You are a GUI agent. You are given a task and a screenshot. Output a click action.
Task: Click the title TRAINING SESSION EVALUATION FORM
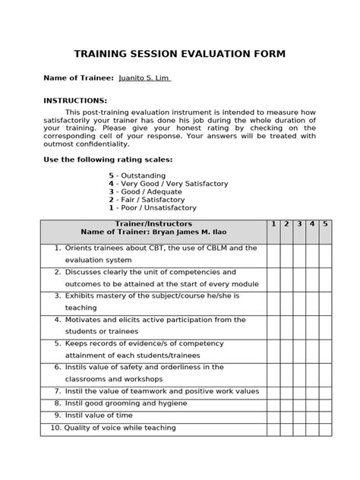(x=180, y=54)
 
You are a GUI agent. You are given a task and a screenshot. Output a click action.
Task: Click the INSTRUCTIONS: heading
(x=75, y=101)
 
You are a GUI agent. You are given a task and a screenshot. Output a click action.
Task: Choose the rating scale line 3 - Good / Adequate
(x=147, y=191)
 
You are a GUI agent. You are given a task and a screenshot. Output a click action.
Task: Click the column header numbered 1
(x=273, y=224)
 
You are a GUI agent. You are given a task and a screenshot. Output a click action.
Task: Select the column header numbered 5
(x=325, y=224)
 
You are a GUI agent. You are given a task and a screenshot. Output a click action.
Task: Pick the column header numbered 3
(x=299, y=224)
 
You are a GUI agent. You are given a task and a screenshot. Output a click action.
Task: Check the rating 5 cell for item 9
(x=325, y=415)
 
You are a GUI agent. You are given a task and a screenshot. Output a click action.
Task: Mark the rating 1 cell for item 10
(x=273, y=428)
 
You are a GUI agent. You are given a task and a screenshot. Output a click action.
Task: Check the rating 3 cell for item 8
(x=299, y=403)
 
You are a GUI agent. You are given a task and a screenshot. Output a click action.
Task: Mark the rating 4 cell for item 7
(x=312, y=391)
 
